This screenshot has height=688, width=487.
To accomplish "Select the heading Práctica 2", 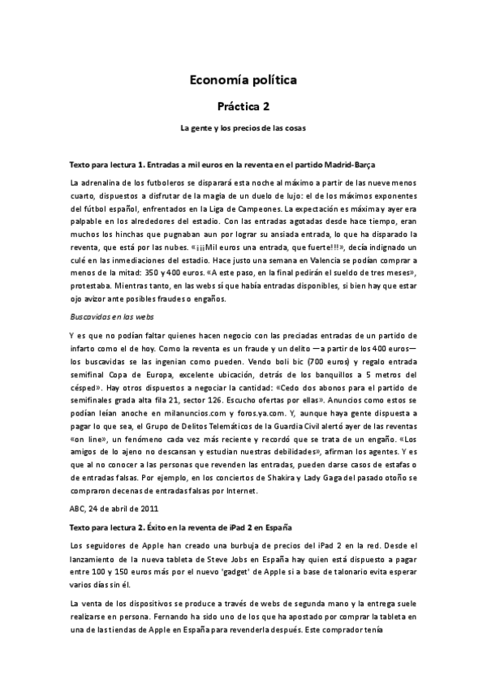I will coord(243,105).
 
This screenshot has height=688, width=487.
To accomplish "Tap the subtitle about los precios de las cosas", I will coord(243,128).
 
